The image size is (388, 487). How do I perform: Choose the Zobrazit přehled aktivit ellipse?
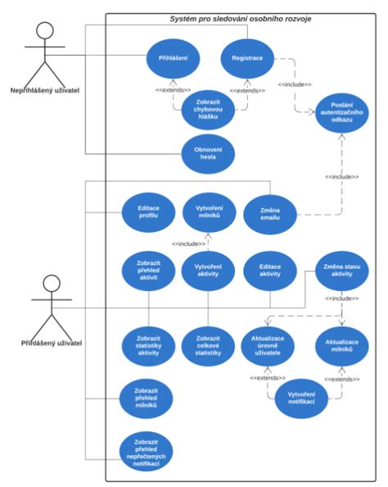(147, 272)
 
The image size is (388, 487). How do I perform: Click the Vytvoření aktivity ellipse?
(209, 272)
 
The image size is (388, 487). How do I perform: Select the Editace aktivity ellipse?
(270, 272)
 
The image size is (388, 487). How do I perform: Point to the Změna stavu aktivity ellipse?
(342, 272)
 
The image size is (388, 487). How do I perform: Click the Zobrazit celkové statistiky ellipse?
(209, 344)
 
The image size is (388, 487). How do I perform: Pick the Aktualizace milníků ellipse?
(341, 344)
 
